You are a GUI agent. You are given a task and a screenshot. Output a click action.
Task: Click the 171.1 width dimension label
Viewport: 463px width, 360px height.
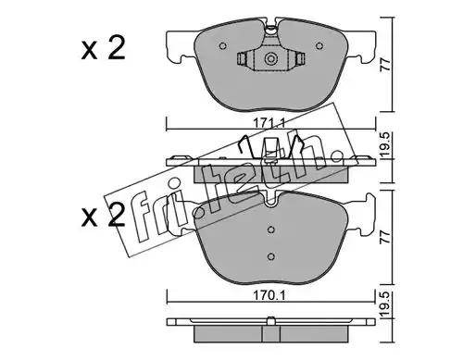pos(269,124)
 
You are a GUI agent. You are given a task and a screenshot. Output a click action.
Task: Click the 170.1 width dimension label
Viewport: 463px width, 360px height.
pos(269,295)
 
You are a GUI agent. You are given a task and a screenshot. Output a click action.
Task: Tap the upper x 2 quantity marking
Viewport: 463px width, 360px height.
pos(104,48)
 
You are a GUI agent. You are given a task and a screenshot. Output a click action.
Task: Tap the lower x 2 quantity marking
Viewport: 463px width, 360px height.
pos(104,216)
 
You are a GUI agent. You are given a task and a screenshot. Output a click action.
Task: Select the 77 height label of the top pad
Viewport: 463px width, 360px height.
pos(386,65)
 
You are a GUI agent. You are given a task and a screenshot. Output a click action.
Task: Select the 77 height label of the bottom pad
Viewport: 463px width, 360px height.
pos(386,237)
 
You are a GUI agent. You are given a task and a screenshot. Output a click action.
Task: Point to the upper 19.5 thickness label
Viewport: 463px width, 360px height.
pos(386,145)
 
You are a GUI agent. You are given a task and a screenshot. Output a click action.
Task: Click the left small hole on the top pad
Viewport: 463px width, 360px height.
pos(222,46)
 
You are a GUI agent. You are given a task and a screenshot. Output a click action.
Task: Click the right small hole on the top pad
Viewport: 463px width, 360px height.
pos(319,46)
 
